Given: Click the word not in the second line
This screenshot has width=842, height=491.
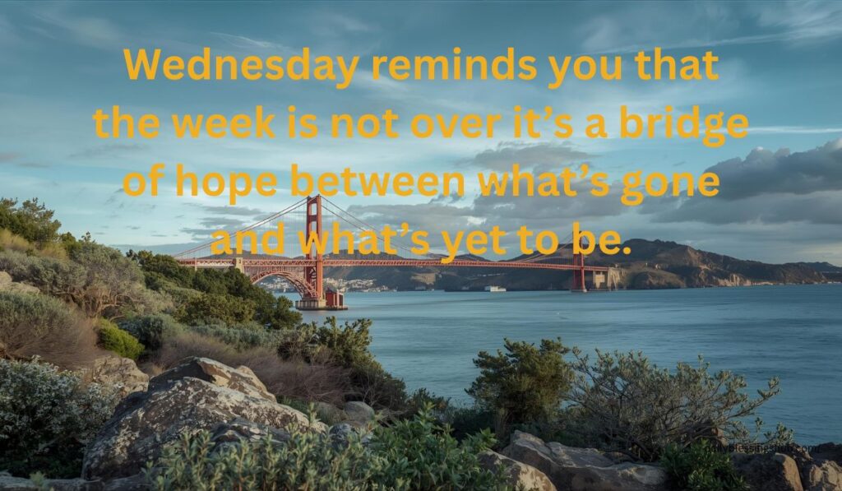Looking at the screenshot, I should point(364,124).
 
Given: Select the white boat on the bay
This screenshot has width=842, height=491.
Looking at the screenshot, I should point(494,289).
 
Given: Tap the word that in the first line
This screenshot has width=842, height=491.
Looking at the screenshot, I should point(677,66).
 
